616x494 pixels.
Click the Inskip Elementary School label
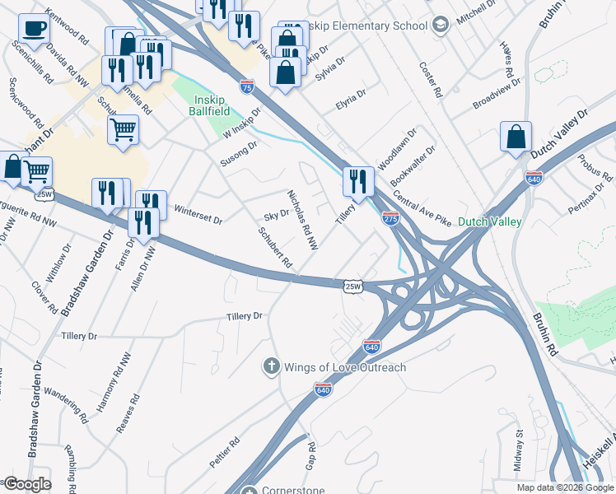point(368,26)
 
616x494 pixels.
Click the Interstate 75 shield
point(247,85)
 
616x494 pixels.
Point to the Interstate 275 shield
point(390,219)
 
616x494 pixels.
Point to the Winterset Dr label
point(198,214)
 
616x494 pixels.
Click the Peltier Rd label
point(224,453)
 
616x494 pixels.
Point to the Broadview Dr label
point(497,95)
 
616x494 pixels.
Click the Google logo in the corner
point(27,485)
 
